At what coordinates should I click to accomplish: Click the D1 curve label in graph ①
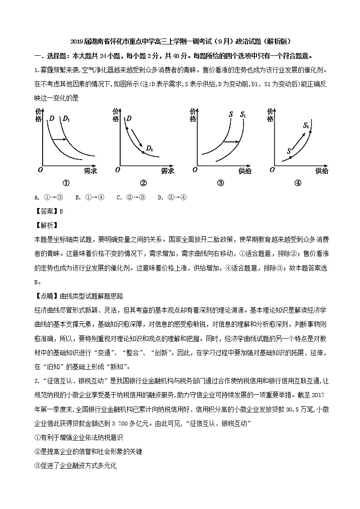tap(67, 119)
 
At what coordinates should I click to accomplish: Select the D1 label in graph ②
tap(149, 148)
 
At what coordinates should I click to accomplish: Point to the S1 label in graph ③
tap(243, 115)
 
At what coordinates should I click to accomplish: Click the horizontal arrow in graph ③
tap(231, 142)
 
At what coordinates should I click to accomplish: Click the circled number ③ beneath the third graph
tap(220, 184)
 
